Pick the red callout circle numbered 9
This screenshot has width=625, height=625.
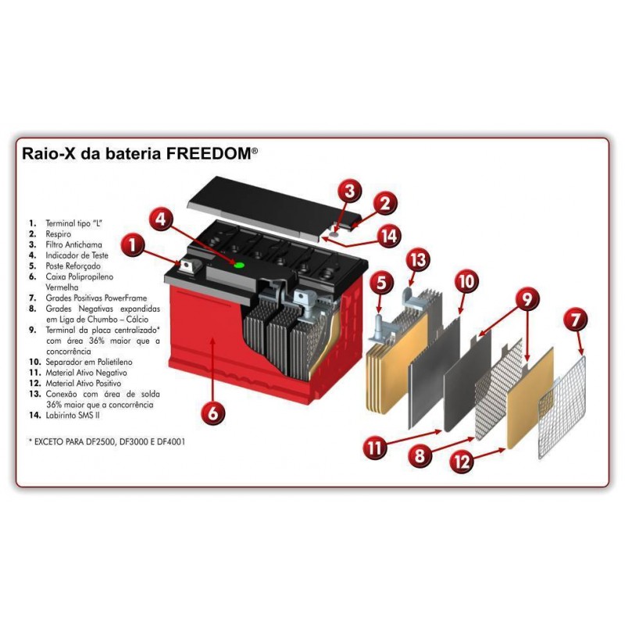click(527, 297)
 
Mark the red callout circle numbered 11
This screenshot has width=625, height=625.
click(375, 448)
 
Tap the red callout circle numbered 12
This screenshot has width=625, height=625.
click(463, 462)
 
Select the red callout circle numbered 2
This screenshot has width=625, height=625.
click(384, 204)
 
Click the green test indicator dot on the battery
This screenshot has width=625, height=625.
click(239, 266)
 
